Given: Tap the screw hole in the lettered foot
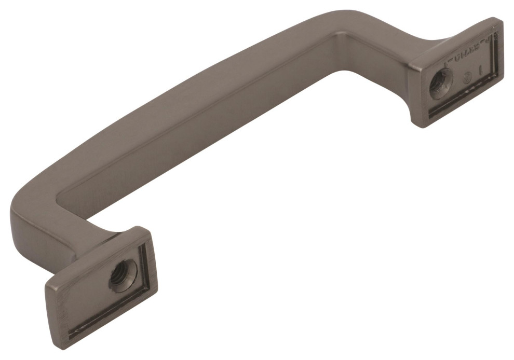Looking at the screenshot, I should click(441, 81).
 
